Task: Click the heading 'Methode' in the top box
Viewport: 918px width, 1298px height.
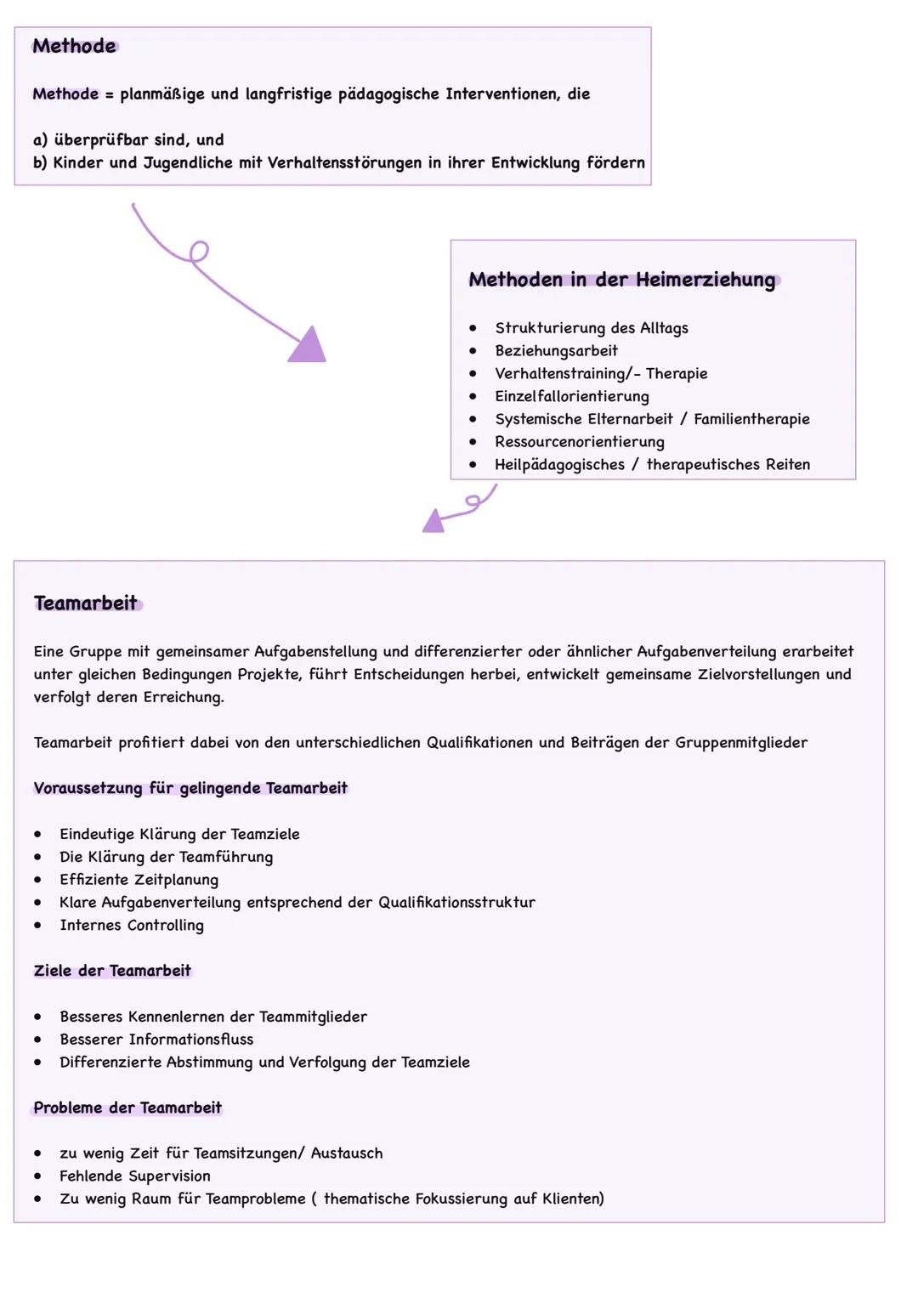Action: pos(74,46)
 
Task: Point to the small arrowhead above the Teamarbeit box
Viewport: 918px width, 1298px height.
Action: pos(433,521)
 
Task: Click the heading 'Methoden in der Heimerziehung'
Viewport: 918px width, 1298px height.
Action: pos(621,280)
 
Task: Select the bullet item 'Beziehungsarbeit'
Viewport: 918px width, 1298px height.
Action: pos(556,350)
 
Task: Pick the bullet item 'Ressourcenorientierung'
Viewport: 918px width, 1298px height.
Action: pos(579,441)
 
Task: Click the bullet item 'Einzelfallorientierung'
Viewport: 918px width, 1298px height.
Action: pos(571,396)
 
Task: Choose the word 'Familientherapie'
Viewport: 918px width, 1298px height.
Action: pos(751,418)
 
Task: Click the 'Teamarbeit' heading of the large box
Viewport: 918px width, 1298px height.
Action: pos(85,603)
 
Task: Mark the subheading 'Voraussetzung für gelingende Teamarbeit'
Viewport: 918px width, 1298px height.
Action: pos(190,788)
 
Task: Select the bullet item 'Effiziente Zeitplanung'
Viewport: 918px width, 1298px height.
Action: pos(139,880)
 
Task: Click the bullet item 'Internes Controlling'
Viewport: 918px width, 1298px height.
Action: pos(132,925)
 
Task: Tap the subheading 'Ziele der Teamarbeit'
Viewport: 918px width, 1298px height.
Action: pos(112,971)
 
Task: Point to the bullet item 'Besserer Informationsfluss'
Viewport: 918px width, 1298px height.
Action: pos(156,1039)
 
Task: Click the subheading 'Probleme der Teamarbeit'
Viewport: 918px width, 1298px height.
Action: pos(127,1108)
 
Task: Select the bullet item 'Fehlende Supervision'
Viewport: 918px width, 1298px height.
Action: pos(135,1176)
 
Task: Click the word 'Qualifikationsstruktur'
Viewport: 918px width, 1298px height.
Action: pos(456,902)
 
